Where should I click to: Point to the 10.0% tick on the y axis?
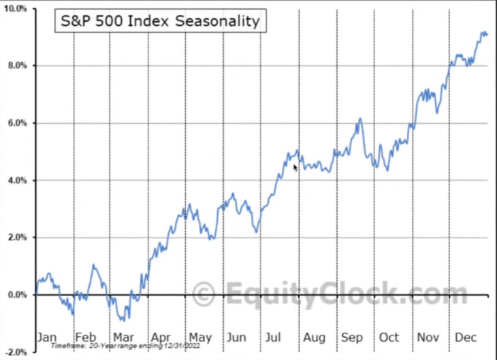tap(14, 9)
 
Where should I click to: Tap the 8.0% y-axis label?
tap(16, 66)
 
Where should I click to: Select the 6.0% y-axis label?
tap(16, 123)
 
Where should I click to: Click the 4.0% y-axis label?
tap(16, 180)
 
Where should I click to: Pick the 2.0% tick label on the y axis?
tap(16, 238)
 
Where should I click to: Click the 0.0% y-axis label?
tap(16, 295)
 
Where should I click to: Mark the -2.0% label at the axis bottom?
tap(15, 352)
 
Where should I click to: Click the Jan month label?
tap(47, 336)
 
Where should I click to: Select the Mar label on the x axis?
tap(124, 336)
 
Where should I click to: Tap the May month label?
tap(200, 336)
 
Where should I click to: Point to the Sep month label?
tap(352, 336)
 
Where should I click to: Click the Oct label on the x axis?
tap(389, 336)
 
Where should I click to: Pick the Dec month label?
tap(466, 336)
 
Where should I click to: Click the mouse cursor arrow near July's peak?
tap(295, 167)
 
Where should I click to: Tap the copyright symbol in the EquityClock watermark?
tap(202, 295)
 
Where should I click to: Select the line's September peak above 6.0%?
tap(360, 119)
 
